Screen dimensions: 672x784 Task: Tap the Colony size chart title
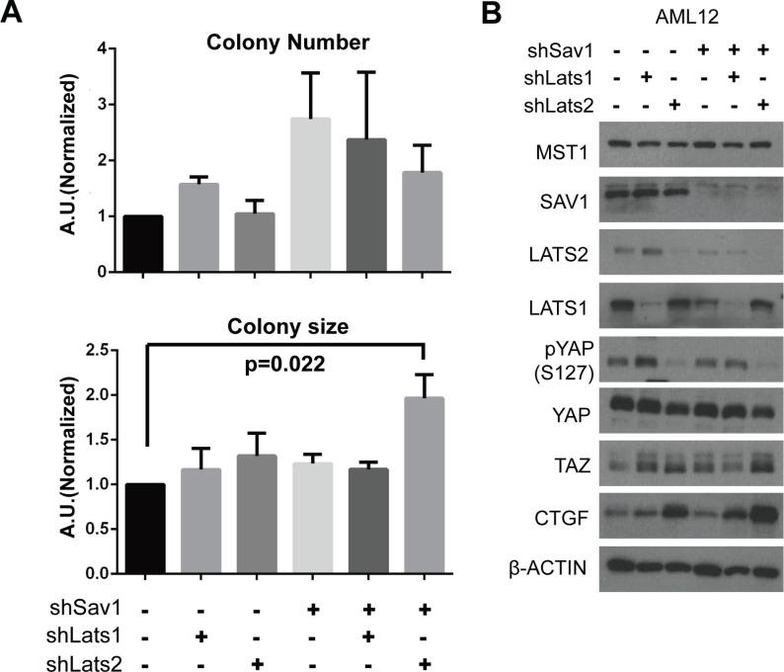pos(282,325)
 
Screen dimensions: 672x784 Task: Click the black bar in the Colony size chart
pos(144,529)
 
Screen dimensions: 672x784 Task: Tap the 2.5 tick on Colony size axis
pos(97,350)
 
